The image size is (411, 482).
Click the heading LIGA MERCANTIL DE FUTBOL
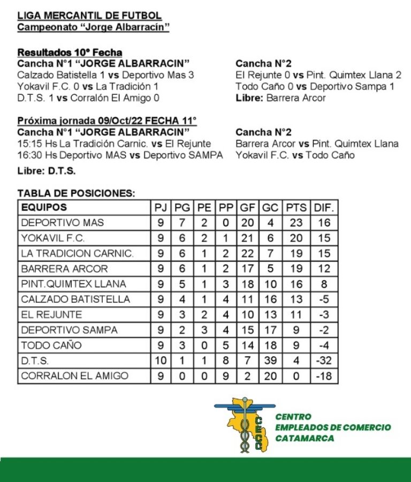pyautogui.click(x=89, y=16)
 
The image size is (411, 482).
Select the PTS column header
pyautogui.click(x=296, y=207)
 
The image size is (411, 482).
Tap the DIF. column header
pyautogui.click(x=324, y=207)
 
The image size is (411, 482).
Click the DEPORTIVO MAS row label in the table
pyautogui.click(x=62, y=222)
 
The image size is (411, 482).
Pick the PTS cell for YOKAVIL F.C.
pyautogui.click(x=296, y=238)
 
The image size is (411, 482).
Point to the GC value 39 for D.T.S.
pyautogui.click(x=270, y=360)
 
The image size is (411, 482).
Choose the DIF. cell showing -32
pyautogui.click(x=324, y=360)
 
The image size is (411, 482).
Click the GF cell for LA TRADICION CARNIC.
pyautogui.click(x=247, y=253)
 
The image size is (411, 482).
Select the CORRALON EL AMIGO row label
pyautogui.click(x=74, y=376)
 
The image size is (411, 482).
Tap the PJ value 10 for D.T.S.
pyautogui.click(x=161, y=360)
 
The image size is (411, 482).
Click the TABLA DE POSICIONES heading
pyautogui.click(x=77, y=193)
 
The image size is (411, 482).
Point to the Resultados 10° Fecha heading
pyautogui.click(x=70, y=52)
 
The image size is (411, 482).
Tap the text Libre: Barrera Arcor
pyautogui.click(x=280, y=98)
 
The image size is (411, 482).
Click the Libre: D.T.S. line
pyautogui.click(x=47, y=171)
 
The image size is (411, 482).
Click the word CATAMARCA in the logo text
pyautogui.click(x=305, y=438)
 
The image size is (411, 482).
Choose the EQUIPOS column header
pyautogui.click(x=44, y=207)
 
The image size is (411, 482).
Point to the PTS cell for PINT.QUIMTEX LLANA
pyautogui.click(x=296, y=284)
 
